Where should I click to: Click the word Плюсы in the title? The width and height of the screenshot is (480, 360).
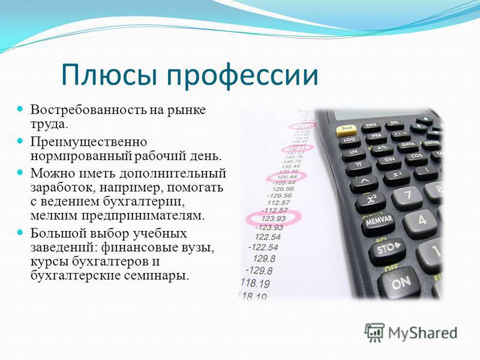pos(109,74)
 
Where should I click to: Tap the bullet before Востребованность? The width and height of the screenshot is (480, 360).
pos(20,109)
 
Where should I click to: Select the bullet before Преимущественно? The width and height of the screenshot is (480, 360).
pos(20,141)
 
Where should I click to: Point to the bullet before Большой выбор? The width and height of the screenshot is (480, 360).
pos(20,232)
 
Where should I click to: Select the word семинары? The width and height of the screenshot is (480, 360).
pos(156,276)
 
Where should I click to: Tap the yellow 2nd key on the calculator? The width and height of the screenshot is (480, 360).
pos(346,130)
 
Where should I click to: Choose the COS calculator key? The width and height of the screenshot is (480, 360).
pos(416,157)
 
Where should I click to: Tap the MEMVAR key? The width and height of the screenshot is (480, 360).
pos(379,222)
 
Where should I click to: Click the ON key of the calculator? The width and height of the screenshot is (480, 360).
pos(400,283)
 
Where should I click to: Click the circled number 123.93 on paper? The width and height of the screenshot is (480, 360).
pos(274,218)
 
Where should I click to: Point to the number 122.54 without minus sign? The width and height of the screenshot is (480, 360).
pos(268,236)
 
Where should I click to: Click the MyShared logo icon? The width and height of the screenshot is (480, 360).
pos(374,332)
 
